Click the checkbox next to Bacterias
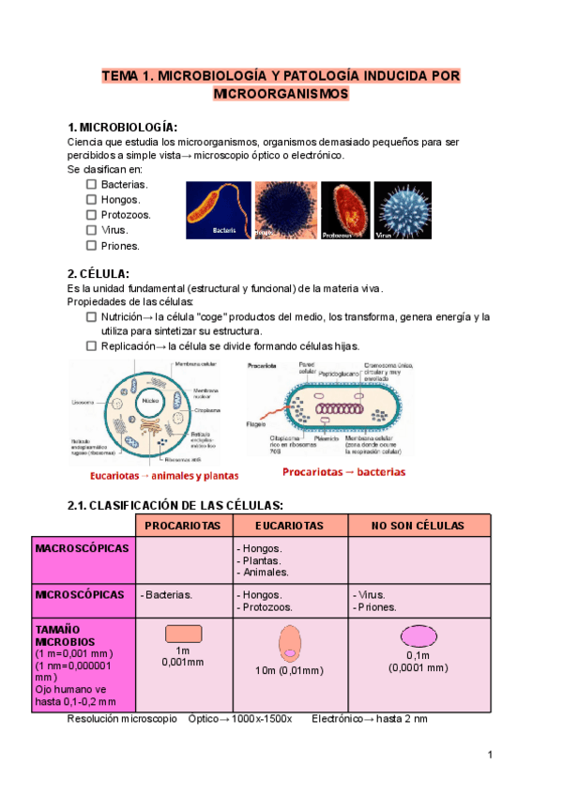(x=91, y=184)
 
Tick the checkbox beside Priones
(x=91, y=245)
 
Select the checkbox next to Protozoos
(x=91, y=214)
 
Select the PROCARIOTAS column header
(x=183, y=526)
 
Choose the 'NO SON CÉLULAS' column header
(x=418, y=526)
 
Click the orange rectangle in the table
(x=183, y=633)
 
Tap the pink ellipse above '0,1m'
(x=418, y=635)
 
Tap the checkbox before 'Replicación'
(x=91, y=346)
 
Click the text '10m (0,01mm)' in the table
(x=289, y=670)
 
